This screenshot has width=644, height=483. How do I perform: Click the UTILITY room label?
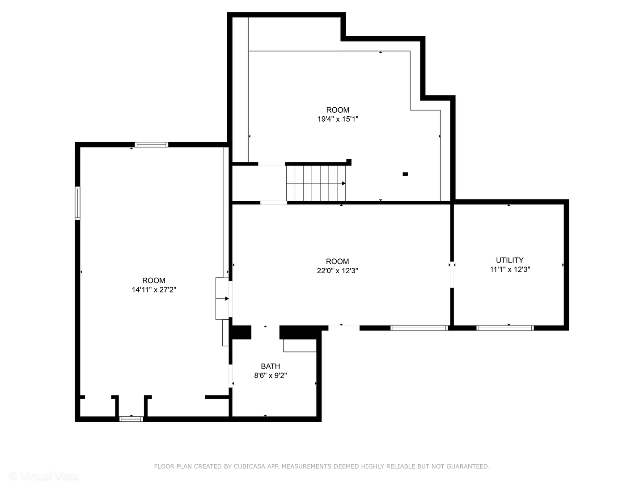pos(509,260)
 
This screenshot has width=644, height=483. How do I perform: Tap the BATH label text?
pos(270,366)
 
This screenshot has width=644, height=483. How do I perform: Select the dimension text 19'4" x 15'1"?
pos(338,119)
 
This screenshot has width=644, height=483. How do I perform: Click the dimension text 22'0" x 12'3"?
pos(337,271)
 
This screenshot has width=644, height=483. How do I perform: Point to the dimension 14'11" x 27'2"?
pos(153,290)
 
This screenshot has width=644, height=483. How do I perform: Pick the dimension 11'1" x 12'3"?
pos(510,269)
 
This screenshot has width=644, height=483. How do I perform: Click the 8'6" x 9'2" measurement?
pos(270,376)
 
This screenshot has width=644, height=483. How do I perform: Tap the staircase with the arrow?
pos(316,183)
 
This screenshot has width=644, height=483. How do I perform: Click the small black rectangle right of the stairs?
pos(405,174)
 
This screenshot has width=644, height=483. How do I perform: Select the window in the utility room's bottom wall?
pos(505,328)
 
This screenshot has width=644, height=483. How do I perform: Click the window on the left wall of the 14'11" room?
pos(77,203)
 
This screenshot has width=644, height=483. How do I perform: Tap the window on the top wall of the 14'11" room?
pos(152,144)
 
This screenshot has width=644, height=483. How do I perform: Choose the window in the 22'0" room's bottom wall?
pos(419,328)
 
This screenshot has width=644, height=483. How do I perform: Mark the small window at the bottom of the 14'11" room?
pos(131,419)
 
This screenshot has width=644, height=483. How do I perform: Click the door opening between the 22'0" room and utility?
pos(452,275)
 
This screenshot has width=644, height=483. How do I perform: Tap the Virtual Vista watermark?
pos(44,476)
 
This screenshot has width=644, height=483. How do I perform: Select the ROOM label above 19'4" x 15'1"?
pos(338,110)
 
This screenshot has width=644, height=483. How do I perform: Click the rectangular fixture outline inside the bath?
pos(300,346)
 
